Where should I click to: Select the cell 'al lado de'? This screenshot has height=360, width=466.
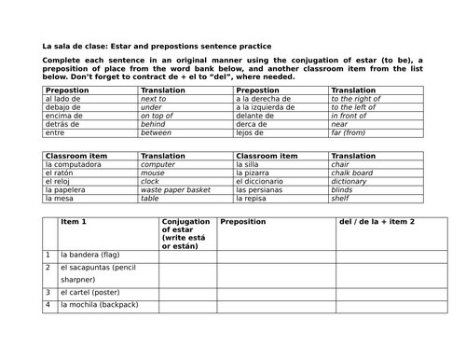coord(63,98)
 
